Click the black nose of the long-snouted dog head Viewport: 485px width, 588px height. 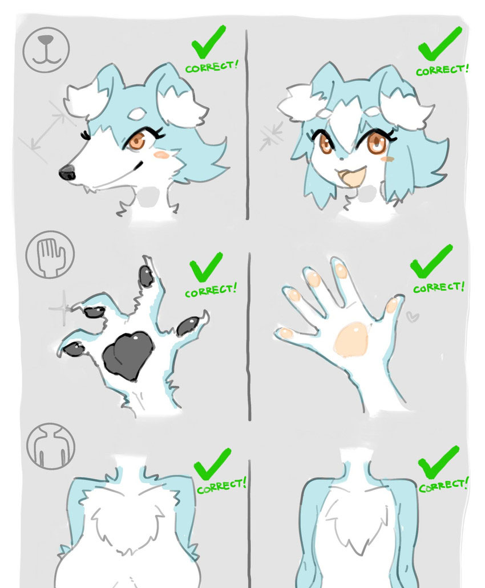(67, 172)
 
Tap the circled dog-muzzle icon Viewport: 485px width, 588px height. (46, 49)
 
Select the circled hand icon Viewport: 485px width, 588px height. (50, 254)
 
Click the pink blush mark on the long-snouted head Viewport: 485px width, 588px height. (162, 154)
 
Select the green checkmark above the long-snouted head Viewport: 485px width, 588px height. (208, 42)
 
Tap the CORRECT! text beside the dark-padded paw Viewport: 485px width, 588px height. (211, 290)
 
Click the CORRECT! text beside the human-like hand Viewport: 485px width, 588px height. (439, 287)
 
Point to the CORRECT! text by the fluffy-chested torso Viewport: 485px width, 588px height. (221, 486)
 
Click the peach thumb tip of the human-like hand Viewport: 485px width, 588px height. (286, 333)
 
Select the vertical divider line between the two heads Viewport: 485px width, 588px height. (247, 125)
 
